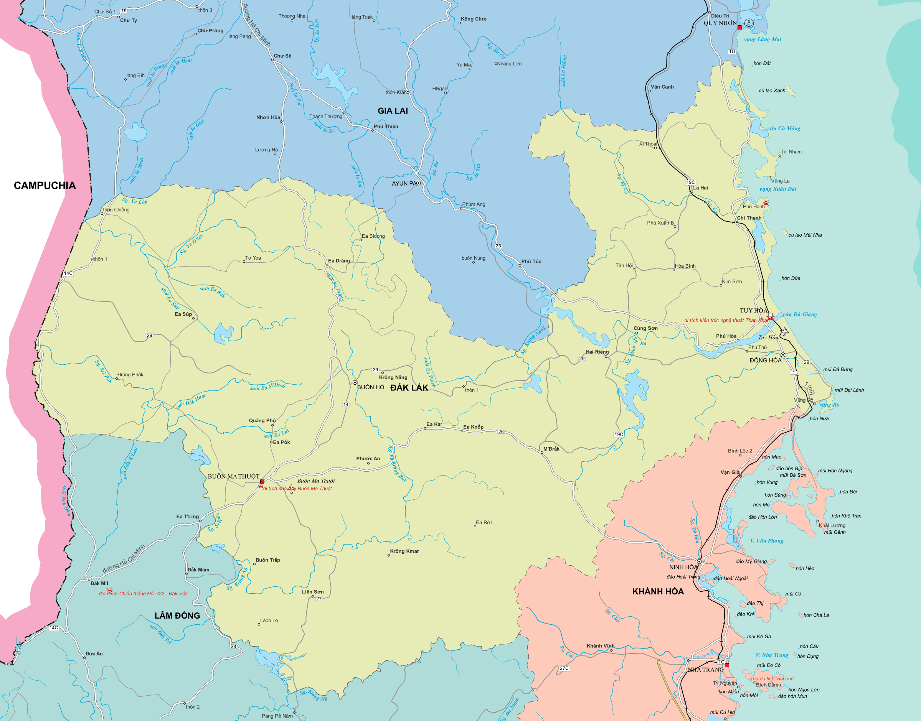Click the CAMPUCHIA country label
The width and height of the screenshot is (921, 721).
[45, 185]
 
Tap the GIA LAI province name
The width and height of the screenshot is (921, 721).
[392, 111]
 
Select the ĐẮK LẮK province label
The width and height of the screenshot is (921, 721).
[409, 387]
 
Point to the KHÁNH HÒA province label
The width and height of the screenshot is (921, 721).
[657, 591]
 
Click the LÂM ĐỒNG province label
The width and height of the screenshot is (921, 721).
[177, 616]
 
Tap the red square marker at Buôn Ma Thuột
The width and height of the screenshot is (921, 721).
[262, 482]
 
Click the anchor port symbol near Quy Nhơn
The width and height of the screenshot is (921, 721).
[749, 23]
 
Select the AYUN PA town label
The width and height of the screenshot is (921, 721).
[404, 183]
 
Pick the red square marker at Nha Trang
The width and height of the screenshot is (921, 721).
[727, 665]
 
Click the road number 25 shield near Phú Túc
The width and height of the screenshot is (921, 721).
[498, 246]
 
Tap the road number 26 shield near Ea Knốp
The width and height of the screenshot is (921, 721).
[501, 431]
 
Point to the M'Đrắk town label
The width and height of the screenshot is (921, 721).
[551, 449]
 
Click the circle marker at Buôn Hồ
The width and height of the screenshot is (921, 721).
[355, 382]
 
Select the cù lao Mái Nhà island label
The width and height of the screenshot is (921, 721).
[805, 235]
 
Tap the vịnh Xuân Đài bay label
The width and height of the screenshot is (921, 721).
[778, 189]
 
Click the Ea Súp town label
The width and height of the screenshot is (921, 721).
[183, 314]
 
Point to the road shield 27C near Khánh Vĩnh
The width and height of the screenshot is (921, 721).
[564, 668]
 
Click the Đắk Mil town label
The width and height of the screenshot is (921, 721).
[99, 583]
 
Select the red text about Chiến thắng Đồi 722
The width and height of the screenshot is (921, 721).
[143, 594]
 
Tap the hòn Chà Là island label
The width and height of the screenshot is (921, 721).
[816, 615]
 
